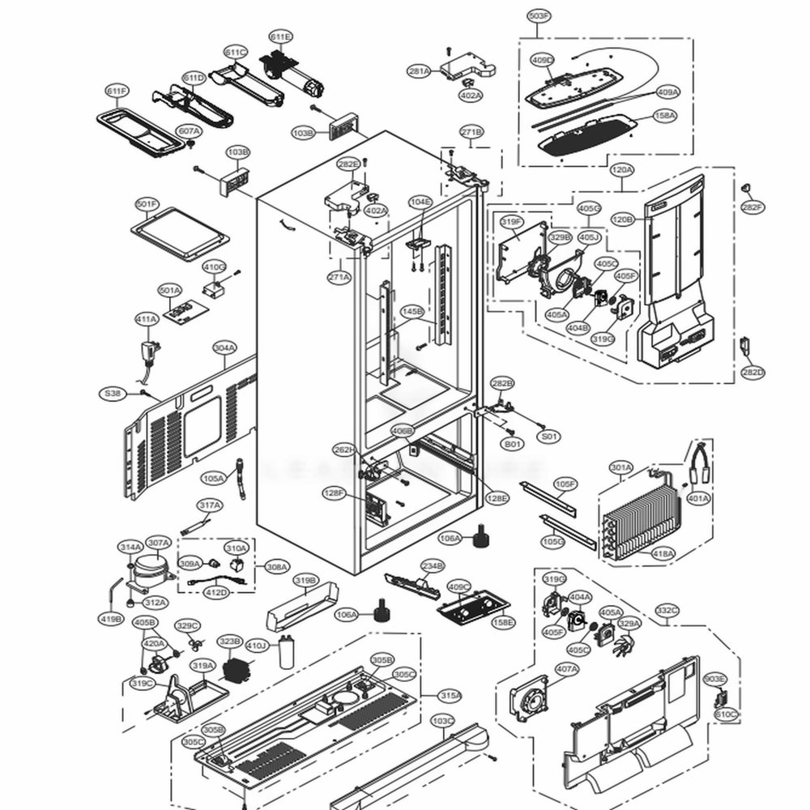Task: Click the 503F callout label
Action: tap(539, 15)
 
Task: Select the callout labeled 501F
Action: tap(147, 204)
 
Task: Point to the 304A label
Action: tap(224, 348)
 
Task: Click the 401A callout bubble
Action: tap(697, 498)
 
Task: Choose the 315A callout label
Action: tap(451, 695)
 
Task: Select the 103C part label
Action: tap(442, 720)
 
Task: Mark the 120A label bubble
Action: tap(623, 170)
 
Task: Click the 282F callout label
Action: tap(752, 208)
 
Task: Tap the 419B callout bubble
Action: tap(111, 620)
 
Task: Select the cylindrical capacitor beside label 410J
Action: tap(285, 652)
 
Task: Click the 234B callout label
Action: tap(433, 565)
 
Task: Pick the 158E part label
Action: tap(503, 622)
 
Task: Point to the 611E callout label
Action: tap(281, 36)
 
